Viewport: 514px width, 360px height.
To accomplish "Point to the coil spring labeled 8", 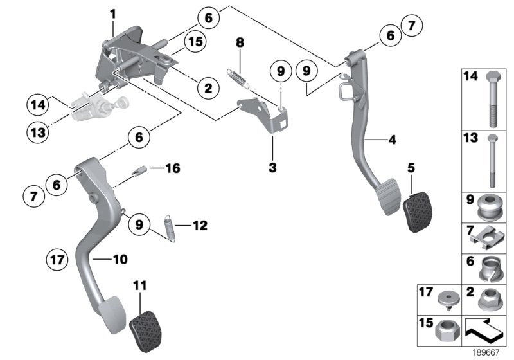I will click(239, 76).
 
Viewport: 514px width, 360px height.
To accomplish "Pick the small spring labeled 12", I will click(170, 228).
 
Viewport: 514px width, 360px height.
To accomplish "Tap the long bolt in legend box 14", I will click(492, 96).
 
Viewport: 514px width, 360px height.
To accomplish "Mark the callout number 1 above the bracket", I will click(112, 14).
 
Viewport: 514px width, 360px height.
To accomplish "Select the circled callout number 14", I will click(38, 103).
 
